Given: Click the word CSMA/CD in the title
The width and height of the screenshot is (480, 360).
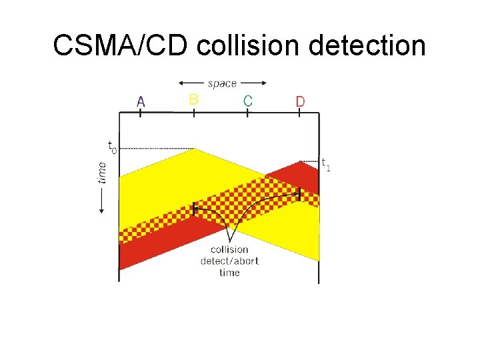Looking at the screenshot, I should tap(121, 46).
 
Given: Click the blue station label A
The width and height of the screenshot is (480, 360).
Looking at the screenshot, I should tap(141, 101).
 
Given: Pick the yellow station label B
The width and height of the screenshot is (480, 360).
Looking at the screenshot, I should tap(193, 100).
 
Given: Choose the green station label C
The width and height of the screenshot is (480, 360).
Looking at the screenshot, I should tap(247, 101).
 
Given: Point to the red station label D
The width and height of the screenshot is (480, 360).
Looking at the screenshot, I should tap(300, 102).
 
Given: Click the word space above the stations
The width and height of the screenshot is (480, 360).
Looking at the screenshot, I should tap(222, 83).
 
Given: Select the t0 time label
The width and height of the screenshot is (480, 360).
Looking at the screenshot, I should tap(111, 145).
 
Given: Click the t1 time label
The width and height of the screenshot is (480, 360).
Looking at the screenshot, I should tap(325, 163).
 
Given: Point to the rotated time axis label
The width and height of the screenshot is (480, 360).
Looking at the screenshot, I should tap(102, 171).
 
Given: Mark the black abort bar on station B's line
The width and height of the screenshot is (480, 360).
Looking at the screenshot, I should tap(194, 208).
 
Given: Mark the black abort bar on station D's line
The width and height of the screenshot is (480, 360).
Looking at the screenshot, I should tap(299, 194).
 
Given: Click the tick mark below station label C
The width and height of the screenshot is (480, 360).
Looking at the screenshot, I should tap(247, 113).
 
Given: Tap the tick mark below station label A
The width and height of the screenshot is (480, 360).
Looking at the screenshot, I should tap(141, 113).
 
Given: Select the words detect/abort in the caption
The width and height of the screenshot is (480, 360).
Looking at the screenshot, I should tap(229, 261).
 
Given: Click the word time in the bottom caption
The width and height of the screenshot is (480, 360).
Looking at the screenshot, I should tap(229, 272).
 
